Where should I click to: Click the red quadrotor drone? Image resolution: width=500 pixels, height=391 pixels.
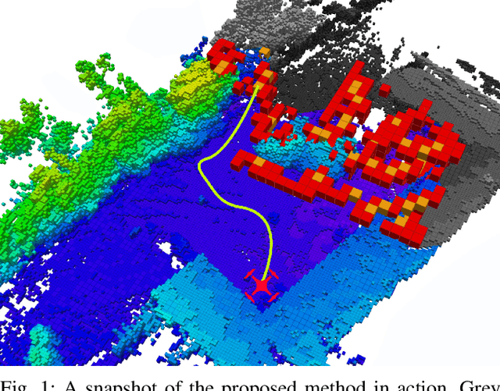(x=261, y=286)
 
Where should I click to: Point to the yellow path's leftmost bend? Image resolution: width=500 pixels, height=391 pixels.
(x=201, y=165)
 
